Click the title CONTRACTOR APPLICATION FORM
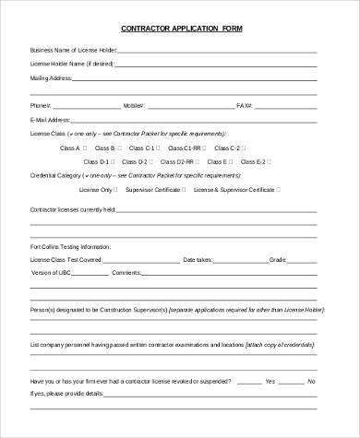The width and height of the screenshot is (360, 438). coord(179,28)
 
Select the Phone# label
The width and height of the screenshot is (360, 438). coord(40,105)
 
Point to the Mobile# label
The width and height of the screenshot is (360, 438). coord(134,105)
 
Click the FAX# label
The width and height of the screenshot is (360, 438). coord(244,105)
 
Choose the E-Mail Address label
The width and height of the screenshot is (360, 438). coord(50,120)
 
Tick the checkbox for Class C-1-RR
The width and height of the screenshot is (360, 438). coord(207,148)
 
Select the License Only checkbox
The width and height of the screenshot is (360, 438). coord(118,189)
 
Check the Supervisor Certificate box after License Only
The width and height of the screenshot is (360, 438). coord(184,189)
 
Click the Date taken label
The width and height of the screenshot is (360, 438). coord(198,260)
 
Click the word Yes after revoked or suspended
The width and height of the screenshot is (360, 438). coord(270,380)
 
